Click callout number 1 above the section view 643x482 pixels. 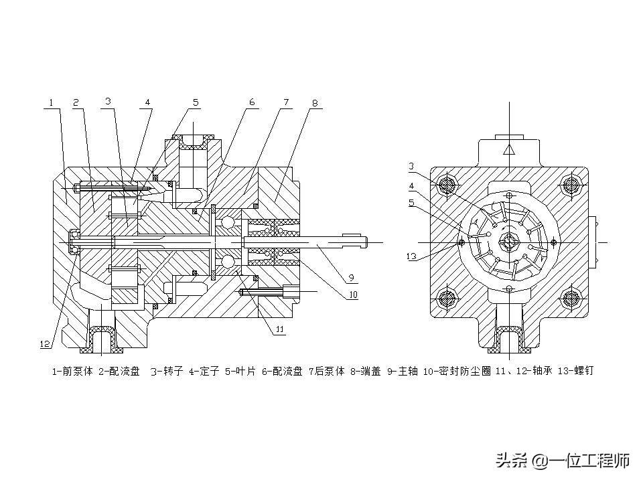pos(50,103)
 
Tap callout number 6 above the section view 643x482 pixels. pos(252,102)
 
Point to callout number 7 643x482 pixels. pos(285,102)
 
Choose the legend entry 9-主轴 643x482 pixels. pos(403,370)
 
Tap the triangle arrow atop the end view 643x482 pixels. pos(509,149)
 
